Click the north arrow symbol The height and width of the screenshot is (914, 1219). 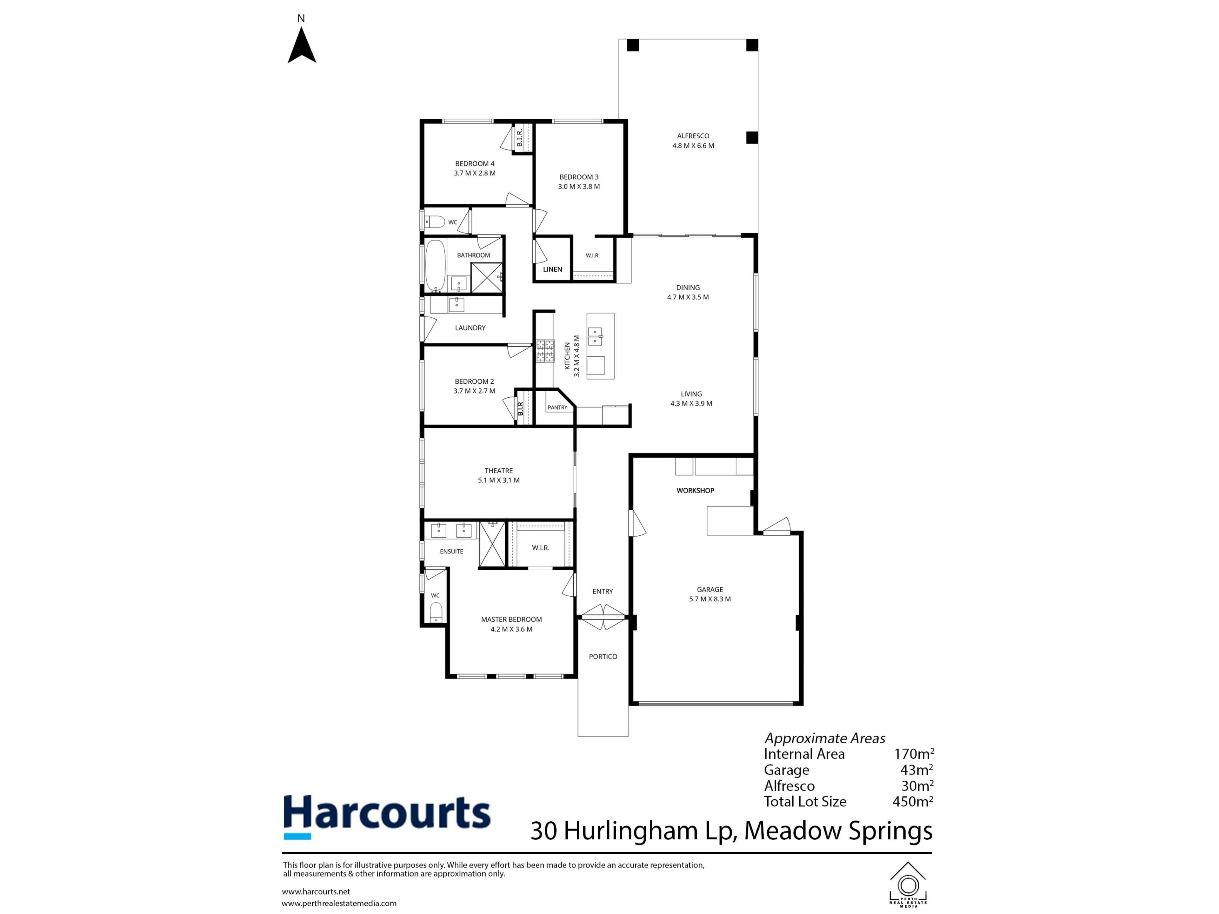[x=302, y=45]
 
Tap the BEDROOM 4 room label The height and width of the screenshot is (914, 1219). [x=475, y=164]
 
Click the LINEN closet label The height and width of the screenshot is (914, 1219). [x=553, y=269]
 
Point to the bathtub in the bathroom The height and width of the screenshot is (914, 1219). [x=435, y=266]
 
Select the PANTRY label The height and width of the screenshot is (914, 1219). [x=557, y=408]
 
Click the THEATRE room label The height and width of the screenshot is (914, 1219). [x=499, y=471]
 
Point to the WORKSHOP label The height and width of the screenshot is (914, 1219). [x=696, y=490]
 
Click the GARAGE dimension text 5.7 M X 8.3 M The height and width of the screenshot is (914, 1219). [x=710, y=599]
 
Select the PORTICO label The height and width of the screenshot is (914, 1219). [x=603, y=657]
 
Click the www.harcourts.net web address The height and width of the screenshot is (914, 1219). [x=316, y=891]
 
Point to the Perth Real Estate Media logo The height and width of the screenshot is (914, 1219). [x=908, y=884]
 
